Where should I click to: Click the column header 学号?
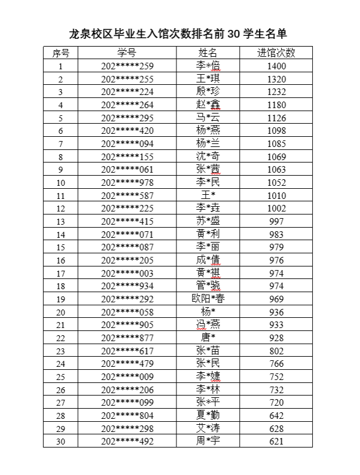click(x=127, y=53)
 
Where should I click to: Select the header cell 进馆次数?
click(x=276, y=53)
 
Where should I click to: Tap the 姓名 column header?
click(x=208, y=53)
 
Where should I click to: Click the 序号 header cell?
click(x=60, y=53)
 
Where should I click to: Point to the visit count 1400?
click(x=276, y=66)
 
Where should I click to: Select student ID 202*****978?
click(x=127, y=182)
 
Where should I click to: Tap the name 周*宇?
click(x=208, y=441)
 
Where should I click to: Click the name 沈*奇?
click(x=208, y=157)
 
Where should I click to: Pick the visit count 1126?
click(x=276, y=118)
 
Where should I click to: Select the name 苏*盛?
click(x=208, y=221)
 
